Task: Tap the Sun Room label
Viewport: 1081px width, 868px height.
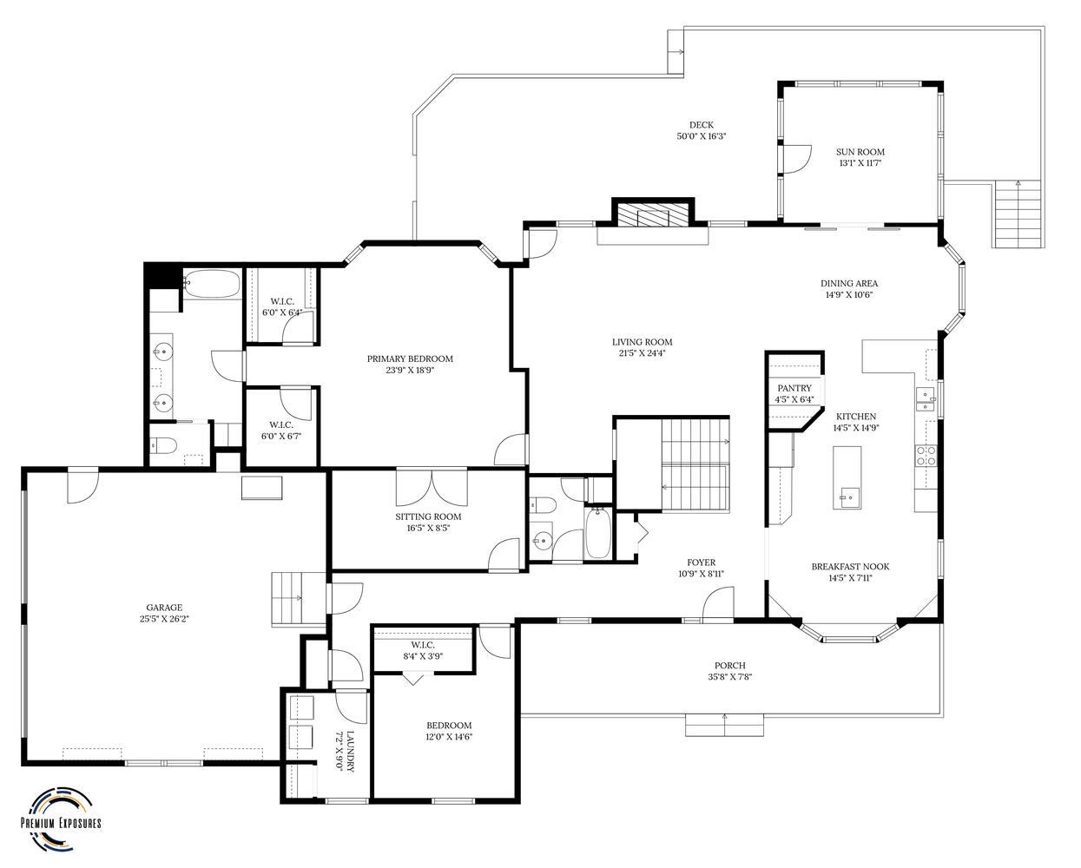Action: [x=860, y=152]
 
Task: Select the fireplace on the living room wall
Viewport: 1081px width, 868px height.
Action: [x=654, y=214]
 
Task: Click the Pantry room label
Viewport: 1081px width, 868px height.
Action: [x=794, y=388]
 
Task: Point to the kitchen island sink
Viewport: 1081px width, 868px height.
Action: [x=847, y=497]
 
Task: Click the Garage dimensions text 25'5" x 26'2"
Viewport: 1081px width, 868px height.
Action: [x=163, y=619]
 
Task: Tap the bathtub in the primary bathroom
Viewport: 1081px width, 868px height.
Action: [x=211, y=283]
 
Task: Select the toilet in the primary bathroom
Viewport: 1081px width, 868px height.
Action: [x=164, y=446]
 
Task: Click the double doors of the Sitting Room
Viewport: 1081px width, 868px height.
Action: [x=432, y=488]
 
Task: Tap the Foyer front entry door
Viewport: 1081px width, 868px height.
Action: [x=718, y=604]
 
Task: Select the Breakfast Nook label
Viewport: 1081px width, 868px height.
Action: [x=850, y=567]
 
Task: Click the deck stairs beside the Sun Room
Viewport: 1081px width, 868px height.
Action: [x=1018, y=214]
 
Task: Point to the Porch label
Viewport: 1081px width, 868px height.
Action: [x=729, y=666]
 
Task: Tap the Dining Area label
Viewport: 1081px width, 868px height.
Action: [x=848, y=283]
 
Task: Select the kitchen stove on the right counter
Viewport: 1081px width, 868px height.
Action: [x=926, y=456]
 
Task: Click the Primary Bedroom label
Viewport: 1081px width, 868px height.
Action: [x=409, y=358]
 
